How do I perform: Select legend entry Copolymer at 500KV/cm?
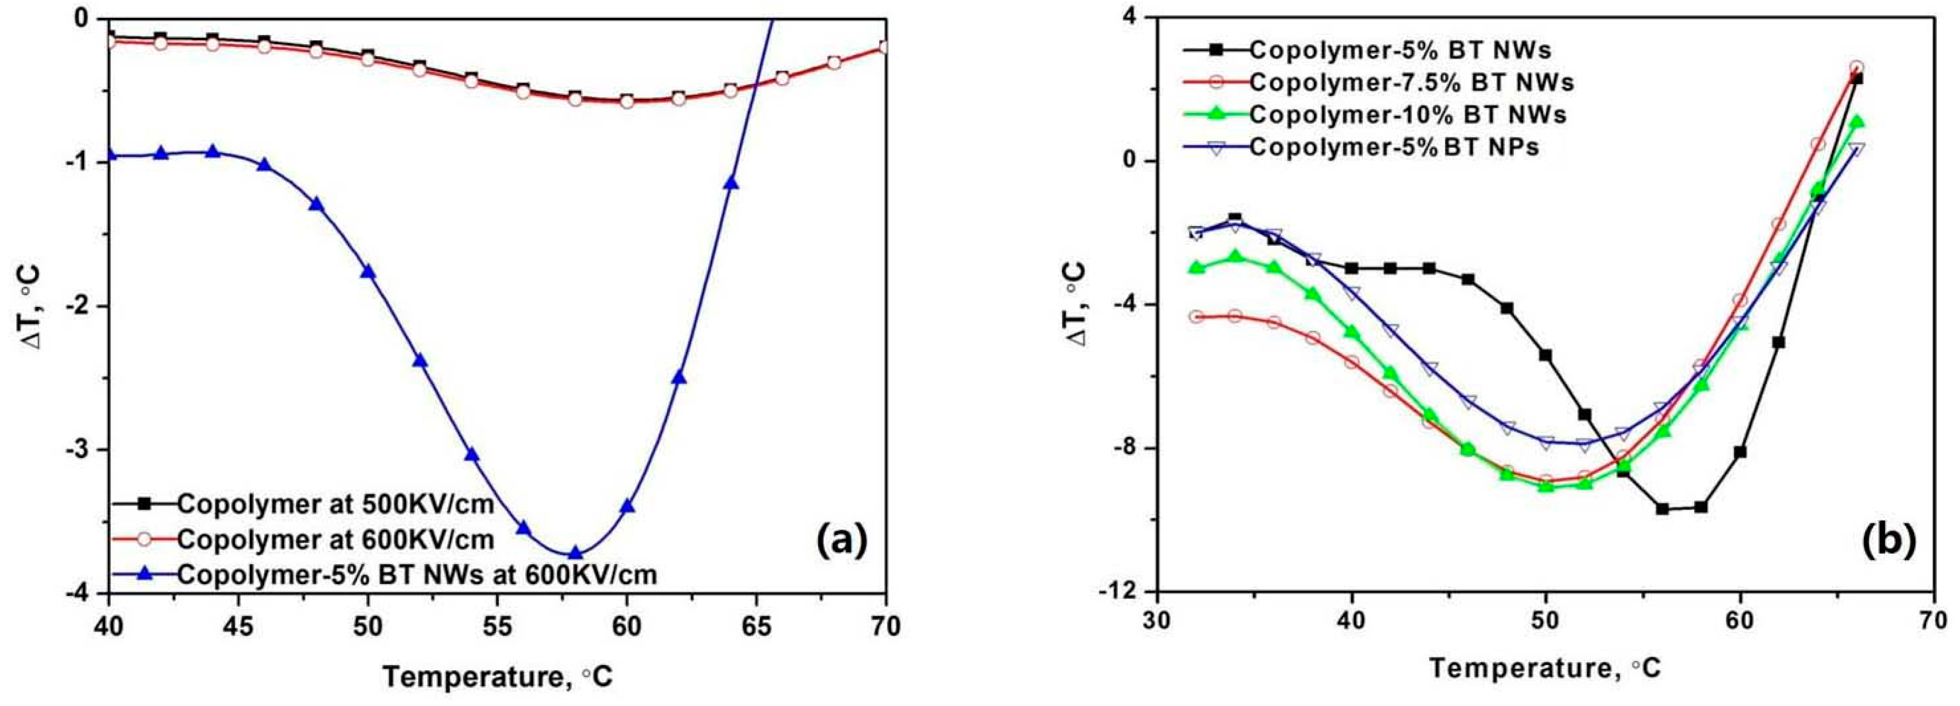335,504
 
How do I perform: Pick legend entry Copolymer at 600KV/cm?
335,539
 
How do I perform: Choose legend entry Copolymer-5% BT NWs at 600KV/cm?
416,575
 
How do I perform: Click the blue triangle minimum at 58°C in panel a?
575,553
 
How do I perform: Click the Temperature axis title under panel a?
497,676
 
